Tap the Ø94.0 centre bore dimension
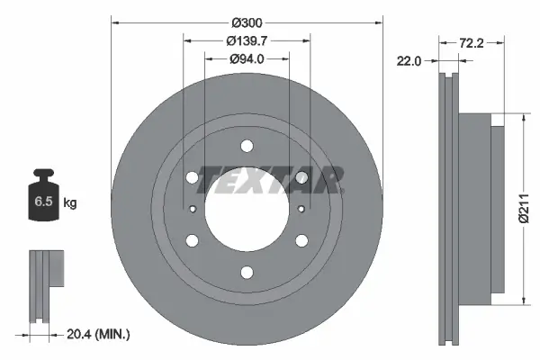(x=247, y=60)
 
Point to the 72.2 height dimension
(x=474, y=42)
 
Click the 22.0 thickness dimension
(x=411, y=60)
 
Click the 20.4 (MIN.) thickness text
(x=99, y=334)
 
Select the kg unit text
(x=69, y=203)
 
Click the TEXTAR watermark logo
(x=270, y=180)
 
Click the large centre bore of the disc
(x=247, y=210)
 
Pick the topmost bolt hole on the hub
(x=247, y=147)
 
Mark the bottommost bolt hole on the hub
(x=247, y=273)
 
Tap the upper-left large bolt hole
(x=193, y=178)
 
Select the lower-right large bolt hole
(x=301, y=240)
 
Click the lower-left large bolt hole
(x=193, y=240)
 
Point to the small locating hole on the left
(x=193, y=209)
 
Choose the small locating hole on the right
(x=300, y=209)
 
